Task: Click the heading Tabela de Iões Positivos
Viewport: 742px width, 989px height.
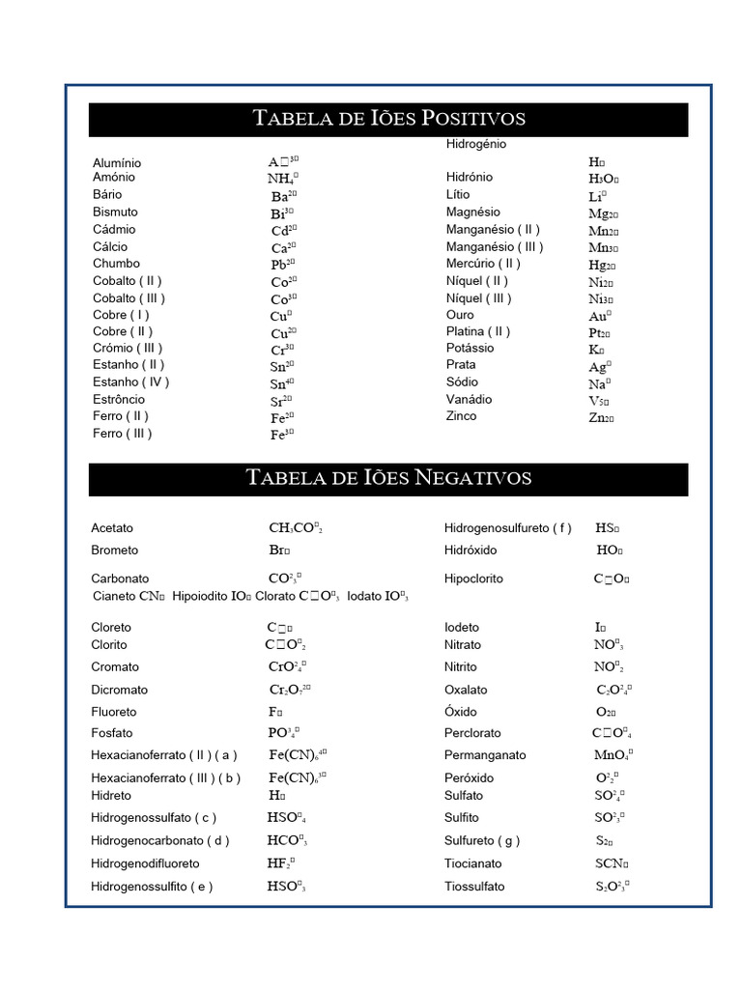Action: (388, 119)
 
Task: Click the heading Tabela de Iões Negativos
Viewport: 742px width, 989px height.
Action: (388, 478)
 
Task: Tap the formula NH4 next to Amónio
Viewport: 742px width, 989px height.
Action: (282, 178)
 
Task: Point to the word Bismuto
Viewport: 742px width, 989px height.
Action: (115, 212)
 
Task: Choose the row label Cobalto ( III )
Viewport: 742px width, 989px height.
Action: (128, 297)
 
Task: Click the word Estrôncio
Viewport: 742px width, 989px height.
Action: (119, 400)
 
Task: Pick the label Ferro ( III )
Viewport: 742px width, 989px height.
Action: (122, 434)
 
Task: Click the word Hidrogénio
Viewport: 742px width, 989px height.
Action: (475, 144)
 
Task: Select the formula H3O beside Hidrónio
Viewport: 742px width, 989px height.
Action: (603, 179)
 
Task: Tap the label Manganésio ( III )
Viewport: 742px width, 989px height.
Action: (495, 246)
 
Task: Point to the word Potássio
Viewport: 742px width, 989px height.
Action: (470, 348)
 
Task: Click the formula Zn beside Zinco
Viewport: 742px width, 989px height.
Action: (600, 418)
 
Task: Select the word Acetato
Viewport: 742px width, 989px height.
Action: (112, 528)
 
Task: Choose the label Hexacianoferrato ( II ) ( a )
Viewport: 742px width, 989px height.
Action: (163, 755)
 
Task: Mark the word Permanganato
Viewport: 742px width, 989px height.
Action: (485, 755)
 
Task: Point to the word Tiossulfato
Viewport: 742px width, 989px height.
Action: (473, 887)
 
